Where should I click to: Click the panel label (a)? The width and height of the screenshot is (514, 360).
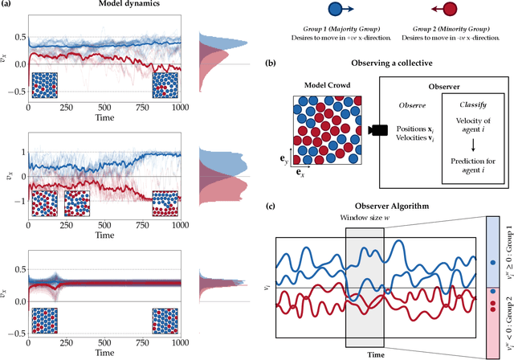click(x=9, y=6)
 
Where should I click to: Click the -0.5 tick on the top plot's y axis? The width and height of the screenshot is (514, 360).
click(x=15, y=92)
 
